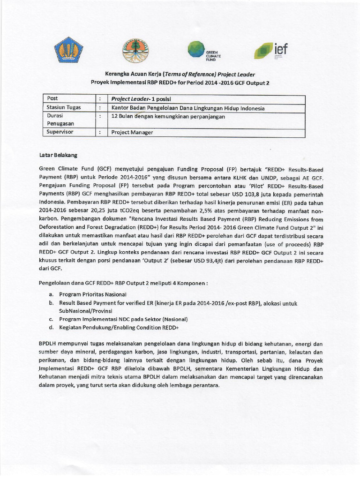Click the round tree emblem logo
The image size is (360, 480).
tap(137, 51)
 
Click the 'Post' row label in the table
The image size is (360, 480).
tap(53, 98)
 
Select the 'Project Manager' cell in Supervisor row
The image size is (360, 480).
tap(132, 132)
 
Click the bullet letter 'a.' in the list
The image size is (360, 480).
tap(50, 294)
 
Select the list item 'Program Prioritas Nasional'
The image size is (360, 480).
tap(93, 294)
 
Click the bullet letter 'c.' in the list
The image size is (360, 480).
tap(50, 319)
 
